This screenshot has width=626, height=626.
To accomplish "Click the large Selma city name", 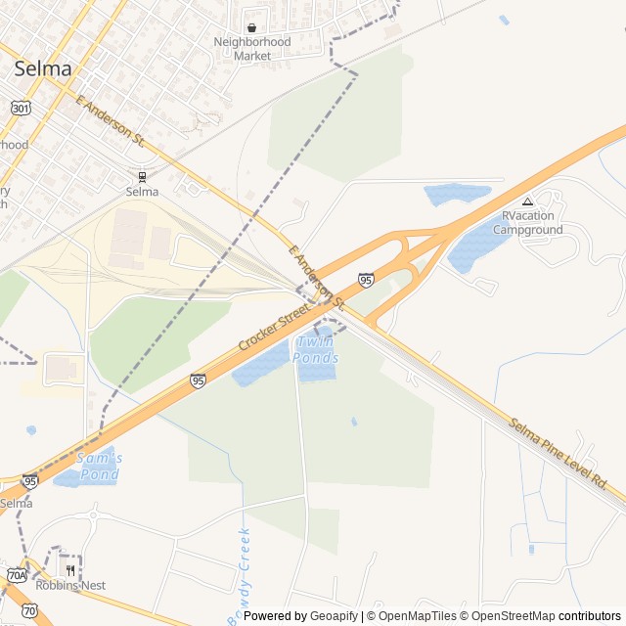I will click(43, 68).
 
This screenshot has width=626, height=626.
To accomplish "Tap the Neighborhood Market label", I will click(252, 49).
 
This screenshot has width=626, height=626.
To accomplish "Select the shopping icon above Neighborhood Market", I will click(252, 28).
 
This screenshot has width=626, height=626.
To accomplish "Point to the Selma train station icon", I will click(143, 177).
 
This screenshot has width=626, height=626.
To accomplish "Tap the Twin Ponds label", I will click(315, 349).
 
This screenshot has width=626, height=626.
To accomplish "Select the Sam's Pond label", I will click(98, 467).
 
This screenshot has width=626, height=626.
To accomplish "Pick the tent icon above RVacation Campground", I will click(527, 201).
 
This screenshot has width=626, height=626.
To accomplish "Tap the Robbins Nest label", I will click(70, 585).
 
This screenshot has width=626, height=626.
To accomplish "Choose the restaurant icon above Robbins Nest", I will click(70, 569).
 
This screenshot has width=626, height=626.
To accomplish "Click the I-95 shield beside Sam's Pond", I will click(30, 481).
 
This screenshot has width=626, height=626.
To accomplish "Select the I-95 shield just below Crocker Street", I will click(198, 380).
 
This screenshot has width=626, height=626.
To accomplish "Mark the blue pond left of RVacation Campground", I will click(456, 193).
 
